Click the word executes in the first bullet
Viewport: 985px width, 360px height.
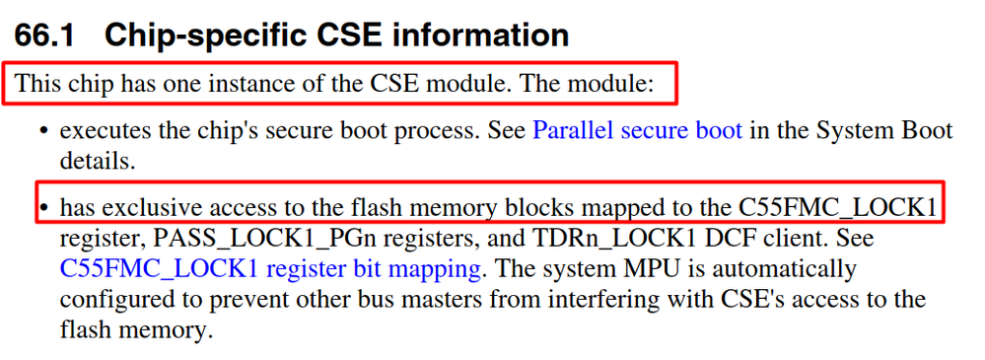click(x=105, y=131)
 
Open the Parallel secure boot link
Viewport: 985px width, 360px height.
click(x=637, y=131)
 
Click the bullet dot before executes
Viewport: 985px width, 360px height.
click(x=43, y=132)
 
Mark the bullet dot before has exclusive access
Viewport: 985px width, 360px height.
click(x=43, y=209)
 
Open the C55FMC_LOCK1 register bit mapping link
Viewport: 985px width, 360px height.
click(x=270, y=268)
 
